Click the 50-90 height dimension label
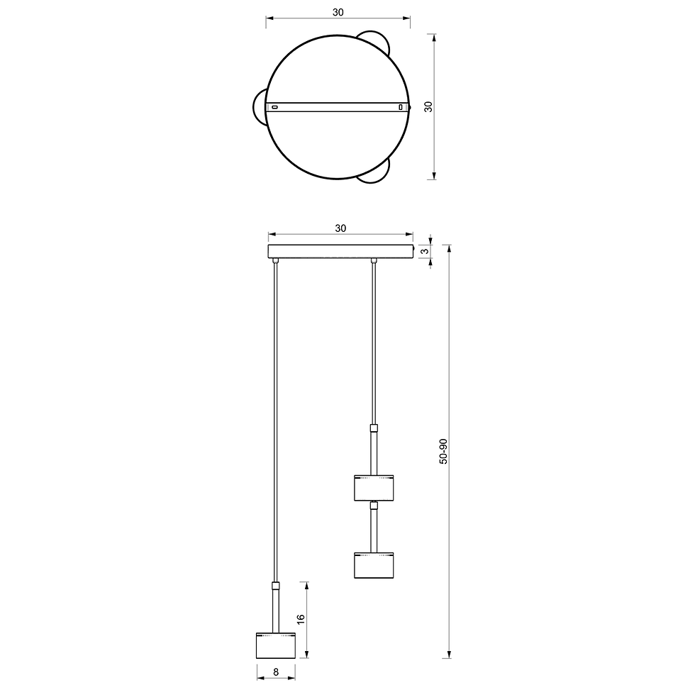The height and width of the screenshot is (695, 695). point(443,451)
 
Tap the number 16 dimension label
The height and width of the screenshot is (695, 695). point(301,620)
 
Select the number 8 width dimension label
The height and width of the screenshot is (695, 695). point(276,672)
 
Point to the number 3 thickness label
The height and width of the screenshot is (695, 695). point(425,252)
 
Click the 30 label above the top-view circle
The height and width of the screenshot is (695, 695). point(338,13)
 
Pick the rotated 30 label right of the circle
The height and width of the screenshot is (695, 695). point(428,107)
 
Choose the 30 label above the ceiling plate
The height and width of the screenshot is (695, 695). point(340,228)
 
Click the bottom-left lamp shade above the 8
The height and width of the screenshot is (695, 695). point(276,645)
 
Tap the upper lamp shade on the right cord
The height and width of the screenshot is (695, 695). point(374,488)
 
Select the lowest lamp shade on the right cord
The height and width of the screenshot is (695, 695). point(374,565)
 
